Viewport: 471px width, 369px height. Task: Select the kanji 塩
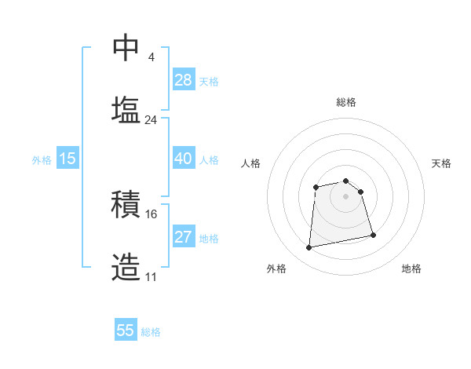click(x=126, y=109)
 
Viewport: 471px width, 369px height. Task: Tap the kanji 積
click(x=126, y=205)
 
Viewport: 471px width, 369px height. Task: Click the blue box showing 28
click(x=183, y=80)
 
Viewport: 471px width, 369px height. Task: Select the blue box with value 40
click(x=183, y=159)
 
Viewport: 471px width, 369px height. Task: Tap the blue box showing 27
click(x=183, y=237)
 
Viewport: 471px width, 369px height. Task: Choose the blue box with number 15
click(x=68, y=159)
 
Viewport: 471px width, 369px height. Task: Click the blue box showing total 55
click(x=126, y=331)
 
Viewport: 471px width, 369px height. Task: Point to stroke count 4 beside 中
click(x=151, y=57)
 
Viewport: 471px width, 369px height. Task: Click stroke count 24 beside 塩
click(x=151, y=120)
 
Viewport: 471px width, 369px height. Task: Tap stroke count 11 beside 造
click(x=152, y=277)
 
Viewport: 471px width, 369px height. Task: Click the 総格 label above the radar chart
click(x=346, y=102)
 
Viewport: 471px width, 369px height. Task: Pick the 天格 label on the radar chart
click(x=441, y=163)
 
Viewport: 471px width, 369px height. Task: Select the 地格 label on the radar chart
click(x=411, y=269)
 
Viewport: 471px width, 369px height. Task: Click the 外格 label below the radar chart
click(x=276, y=269)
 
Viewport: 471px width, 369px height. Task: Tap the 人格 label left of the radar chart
click(x=251, y=163)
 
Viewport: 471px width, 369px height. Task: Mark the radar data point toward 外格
click(x=309, y=248)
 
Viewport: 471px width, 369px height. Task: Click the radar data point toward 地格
click(x=373, y=235)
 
